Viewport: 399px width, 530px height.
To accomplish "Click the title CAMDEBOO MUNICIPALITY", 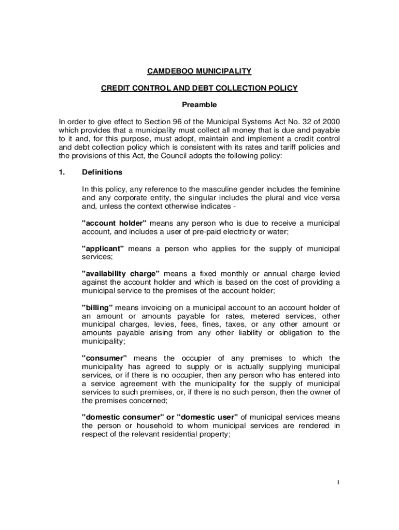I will point(199,70).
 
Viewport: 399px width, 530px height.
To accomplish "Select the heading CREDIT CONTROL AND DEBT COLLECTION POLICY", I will point(199,88).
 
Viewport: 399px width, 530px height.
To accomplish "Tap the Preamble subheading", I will point(199,105).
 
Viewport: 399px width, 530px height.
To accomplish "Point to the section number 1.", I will point(62,172).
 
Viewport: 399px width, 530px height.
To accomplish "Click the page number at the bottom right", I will point(338,483).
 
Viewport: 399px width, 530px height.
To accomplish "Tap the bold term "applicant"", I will point(103,248).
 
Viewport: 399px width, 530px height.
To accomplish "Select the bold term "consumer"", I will point(104,358).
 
